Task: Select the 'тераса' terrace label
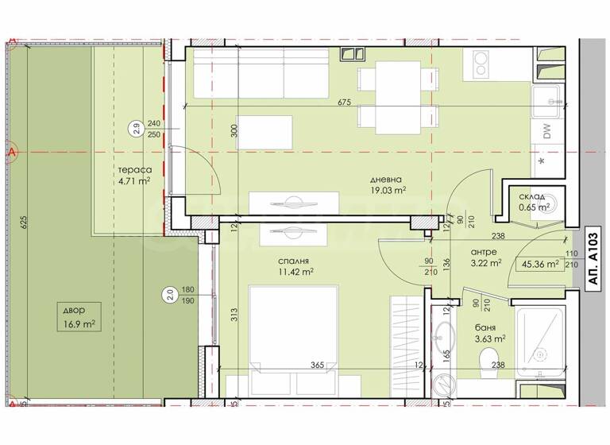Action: click(130, 169)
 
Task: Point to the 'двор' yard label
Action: click(80, 311)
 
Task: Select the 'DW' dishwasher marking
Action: click(547, 133)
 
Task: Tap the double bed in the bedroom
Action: click(294, 334)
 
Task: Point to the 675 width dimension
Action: click(344, 102)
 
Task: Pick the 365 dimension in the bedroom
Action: click(316, 366)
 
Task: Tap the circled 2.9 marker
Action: click(136, 128)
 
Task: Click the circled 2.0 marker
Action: click(169, 296)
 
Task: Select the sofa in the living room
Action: click(261, 72)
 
